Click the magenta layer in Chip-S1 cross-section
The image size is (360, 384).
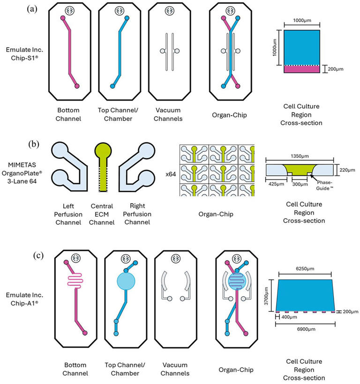point(299,69)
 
